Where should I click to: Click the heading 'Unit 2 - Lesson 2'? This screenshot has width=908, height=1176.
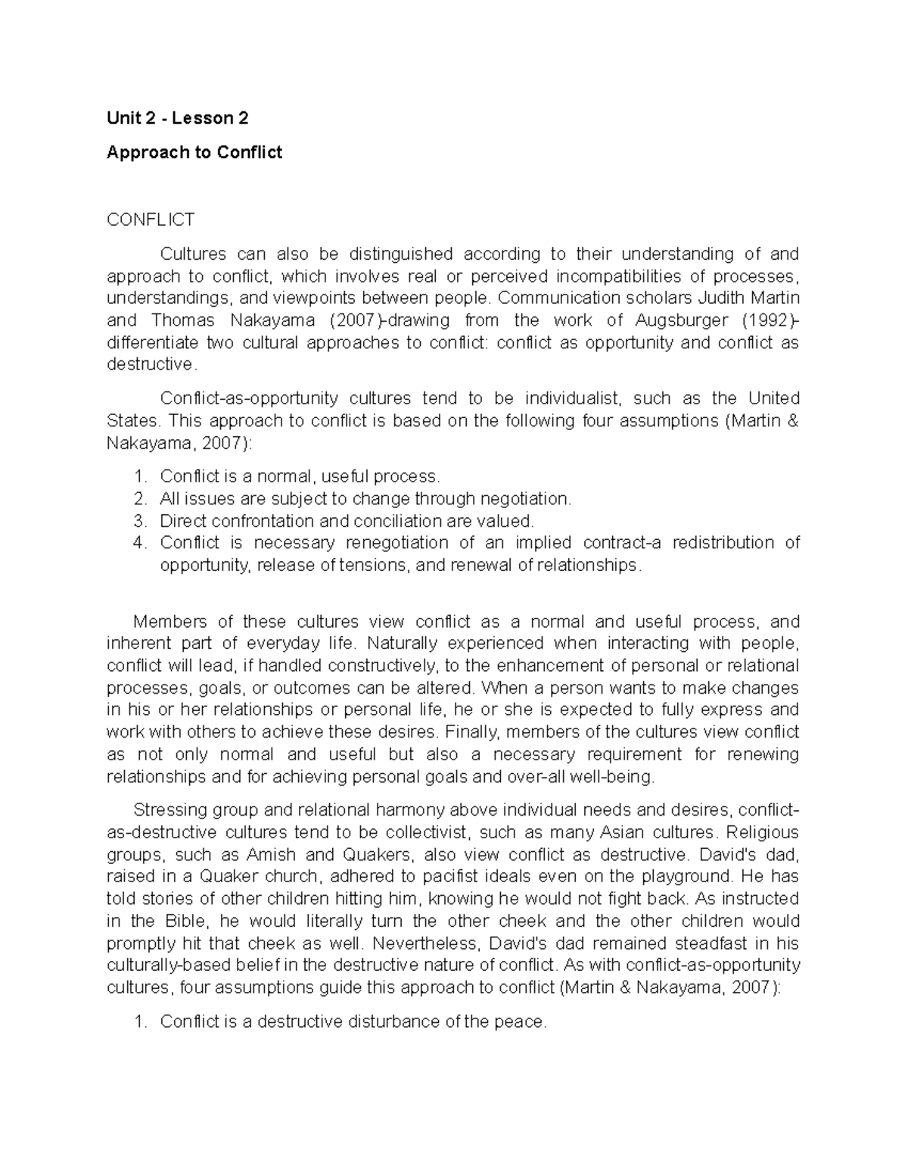click(x=177, y=118)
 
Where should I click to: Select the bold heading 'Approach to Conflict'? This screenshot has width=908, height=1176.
click(x=194, y=152)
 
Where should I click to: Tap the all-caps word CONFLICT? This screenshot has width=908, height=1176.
click(x=151, y=220)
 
